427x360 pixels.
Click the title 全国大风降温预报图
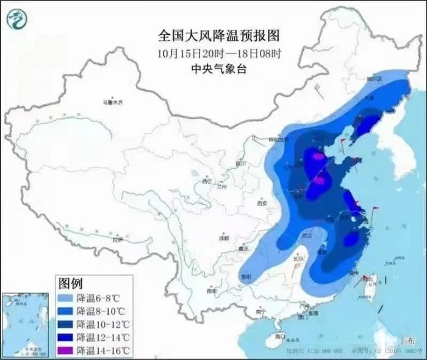(213, 34)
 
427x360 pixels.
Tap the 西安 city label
(263, 203)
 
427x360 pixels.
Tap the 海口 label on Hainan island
(280, 336)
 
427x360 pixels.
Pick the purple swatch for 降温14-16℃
(65, 350)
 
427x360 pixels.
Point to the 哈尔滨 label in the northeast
(373, 79)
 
